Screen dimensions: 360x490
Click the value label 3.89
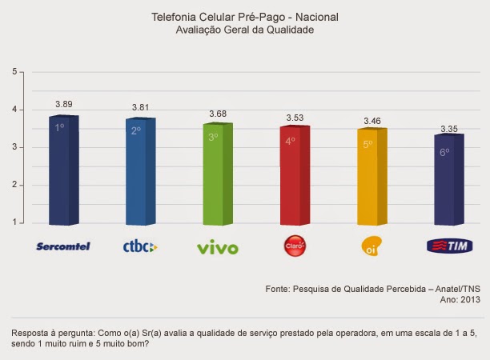point(64,105)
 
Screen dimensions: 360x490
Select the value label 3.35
point(449,128)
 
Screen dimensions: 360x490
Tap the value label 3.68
point(218,114)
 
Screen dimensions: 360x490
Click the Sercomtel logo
point(63,246)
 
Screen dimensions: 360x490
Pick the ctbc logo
point(139,247)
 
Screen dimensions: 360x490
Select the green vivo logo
point(217,248)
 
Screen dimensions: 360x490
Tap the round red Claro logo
point(294,245)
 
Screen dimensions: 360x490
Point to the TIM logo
point(448,246)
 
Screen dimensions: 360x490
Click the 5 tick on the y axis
point(14,72)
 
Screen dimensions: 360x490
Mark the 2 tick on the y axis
point(14,186)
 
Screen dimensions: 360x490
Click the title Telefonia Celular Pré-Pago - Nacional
point(245,16)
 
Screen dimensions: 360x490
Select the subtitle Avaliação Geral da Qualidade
point(245,30)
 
